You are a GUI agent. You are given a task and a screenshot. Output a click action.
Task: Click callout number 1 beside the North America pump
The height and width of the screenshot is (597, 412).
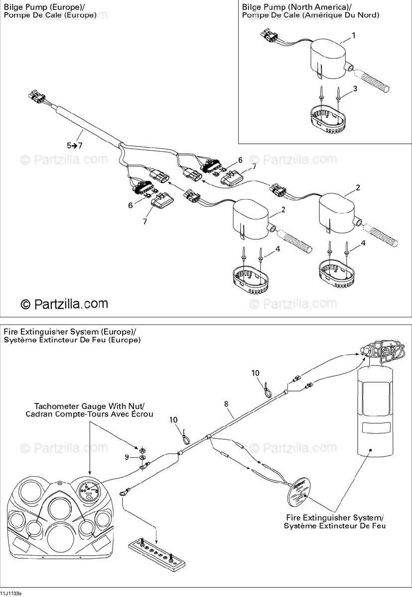(x=354, y=36)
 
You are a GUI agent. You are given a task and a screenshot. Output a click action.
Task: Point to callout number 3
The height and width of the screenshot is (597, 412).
(x=355, y=89)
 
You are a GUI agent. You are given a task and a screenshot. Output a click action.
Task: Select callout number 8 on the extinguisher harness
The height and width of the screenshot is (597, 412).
(x=227, y=404)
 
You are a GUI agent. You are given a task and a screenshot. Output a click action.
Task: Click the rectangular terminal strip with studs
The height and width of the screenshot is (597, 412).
(x=157, y=552)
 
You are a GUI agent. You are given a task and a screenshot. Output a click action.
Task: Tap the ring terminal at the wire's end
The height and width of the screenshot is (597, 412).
(x=123, y=494)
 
